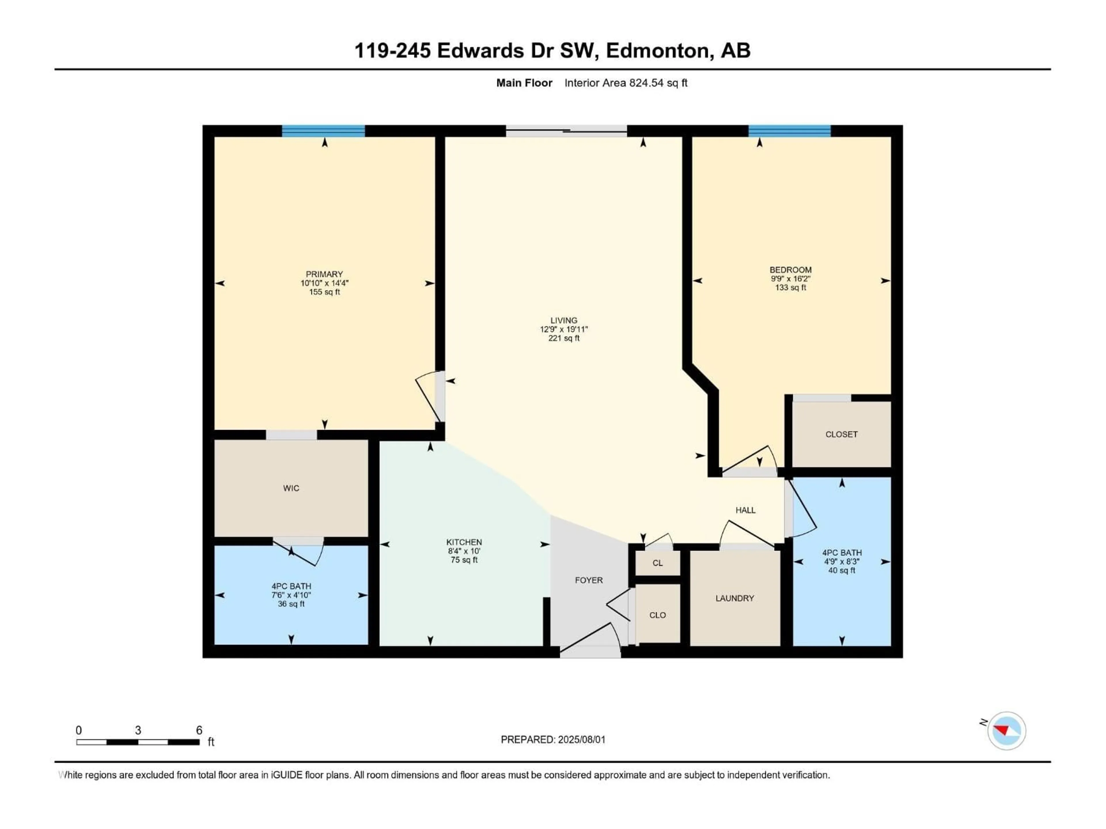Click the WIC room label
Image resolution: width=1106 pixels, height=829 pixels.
(x=291, y=488)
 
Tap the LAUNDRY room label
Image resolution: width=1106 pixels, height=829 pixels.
(x=734, y=598)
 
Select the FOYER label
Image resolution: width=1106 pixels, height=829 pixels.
(x=588, y=580)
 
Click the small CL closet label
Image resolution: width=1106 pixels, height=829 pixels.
(x=658, y=563)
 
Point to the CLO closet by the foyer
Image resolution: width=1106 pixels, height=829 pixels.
(x=658, y=615)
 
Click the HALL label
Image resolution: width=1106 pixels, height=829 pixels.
(x=745, y=510)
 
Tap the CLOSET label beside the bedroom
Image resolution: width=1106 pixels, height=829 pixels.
(x=842, y=435)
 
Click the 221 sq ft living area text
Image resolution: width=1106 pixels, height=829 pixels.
(x=564, y=338)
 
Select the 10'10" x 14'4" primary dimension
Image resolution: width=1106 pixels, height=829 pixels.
(x=325, y=283)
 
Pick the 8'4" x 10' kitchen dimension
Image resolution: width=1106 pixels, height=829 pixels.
(x=464, y=551)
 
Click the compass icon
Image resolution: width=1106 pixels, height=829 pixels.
(x=1007, y=731)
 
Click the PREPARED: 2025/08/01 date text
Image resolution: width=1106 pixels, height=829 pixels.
(x=553, y=739)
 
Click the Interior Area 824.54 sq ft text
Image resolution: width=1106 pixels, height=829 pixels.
(x=626, y=83)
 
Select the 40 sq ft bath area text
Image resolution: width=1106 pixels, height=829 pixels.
(x=842, y=570)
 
